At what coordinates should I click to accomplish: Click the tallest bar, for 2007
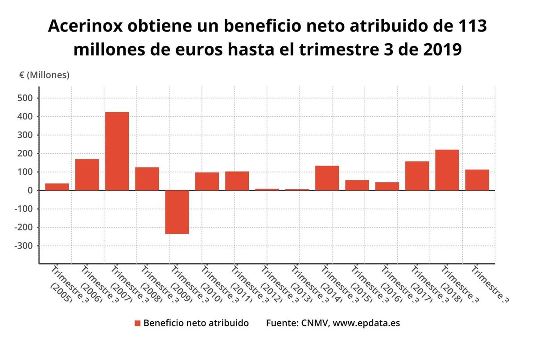pyautogui.click(x=117, y=151)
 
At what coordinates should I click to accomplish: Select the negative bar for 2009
pyautogui.click(x=177, y=212)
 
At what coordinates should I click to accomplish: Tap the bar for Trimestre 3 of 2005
pyautogui.click(x=57, y=187)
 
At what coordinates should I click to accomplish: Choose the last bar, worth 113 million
pyautogui.click(x=477, y=180)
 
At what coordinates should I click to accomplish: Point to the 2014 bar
pyautogui.click(x=327, y=178)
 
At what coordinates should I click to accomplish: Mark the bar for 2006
pyautogui.click(x=87, y=175)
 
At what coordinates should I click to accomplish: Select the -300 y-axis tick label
pyautogui.click(x=25, y=246)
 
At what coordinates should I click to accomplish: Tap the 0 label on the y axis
pyautogui.click(x=30, y=190)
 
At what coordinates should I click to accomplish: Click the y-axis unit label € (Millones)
pyautogui.click(x=44, y=75)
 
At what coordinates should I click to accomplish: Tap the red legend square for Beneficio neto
pyautogui.click(x=138, y=323)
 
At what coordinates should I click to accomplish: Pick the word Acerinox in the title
pyautogui.click(x=84, y=26)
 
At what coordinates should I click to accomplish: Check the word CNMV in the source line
pyautogui.click(x=314, y=323)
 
